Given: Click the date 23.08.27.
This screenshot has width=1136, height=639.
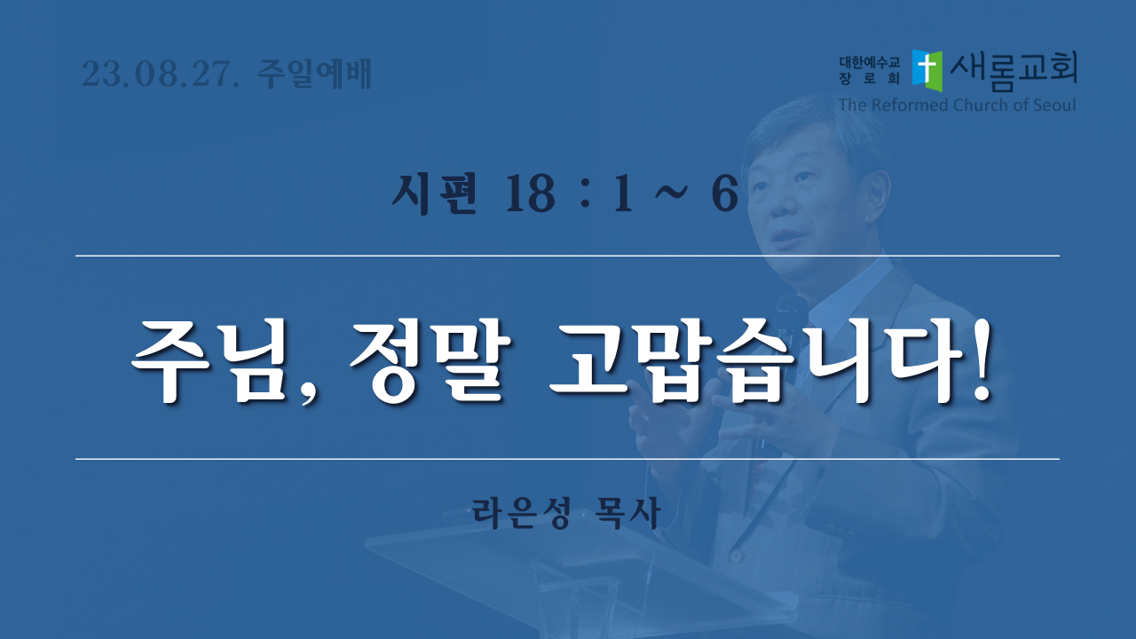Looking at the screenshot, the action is (161, 74).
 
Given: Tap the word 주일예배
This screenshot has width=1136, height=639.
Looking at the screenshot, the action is (314, 74).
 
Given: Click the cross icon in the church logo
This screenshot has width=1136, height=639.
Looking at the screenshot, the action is (927, 71).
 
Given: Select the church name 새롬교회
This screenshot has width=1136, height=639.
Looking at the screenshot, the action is (1014, 71).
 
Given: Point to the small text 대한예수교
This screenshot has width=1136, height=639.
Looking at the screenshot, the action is (869, 62).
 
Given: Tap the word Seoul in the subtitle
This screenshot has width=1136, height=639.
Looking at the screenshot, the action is (1054, 105).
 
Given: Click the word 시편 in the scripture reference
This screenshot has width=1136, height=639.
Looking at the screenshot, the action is (435, 193).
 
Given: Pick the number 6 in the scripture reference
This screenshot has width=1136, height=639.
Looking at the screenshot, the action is (724, 194).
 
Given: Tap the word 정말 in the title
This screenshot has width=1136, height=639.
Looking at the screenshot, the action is (430, 361).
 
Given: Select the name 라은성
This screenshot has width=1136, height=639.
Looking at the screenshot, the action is (521, 513).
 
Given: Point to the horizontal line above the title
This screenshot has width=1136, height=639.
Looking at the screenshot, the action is (567, 256).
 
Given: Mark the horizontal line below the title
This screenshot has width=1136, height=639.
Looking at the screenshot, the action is (567, 459).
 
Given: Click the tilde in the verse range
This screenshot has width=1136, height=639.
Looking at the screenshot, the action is (672, 193).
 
